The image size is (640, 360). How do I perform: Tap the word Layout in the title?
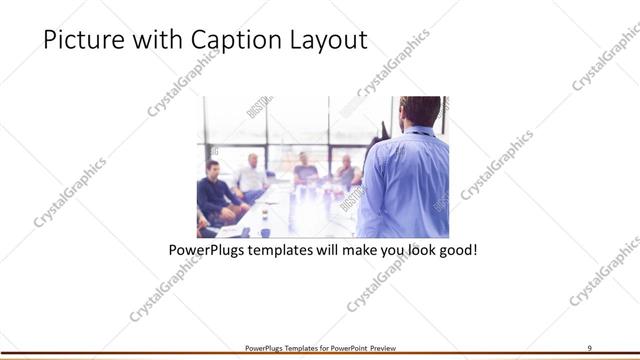[x=329, y=41]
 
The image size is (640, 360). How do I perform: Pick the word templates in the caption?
[x=286, y=247]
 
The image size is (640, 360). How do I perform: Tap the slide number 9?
[x=590, y=347]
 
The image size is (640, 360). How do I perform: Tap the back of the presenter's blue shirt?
[x=410, y=180]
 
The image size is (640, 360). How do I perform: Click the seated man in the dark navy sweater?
[x=215, y=190]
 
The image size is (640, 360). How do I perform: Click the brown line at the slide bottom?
[x=320, y=355]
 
